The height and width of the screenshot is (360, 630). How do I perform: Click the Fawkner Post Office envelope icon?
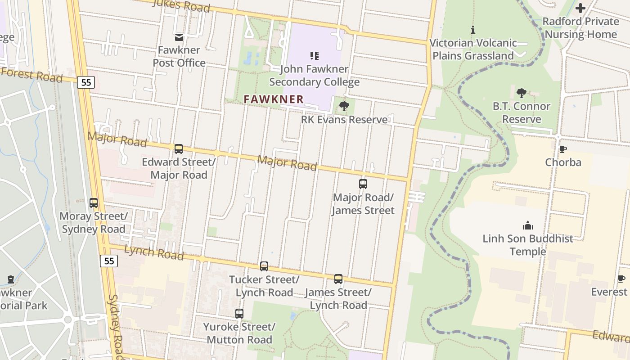pyautogui.click(x=179, y=37)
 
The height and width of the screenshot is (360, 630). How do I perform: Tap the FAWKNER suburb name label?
pyautogui.click(x=274, y=99)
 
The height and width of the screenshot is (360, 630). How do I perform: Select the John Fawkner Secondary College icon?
pyautogui.click(x=315, y=56)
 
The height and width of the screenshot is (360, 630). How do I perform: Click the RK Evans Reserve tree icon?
pyautogui.click(x=344, y=106)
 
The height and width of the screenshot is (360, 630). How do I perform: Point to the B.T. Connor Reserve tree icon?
pyautogui.click(x=522, y=93)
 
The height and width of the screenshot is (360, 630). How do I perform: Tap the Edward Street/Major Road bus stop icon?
pyautogui.click(x=179, y=148)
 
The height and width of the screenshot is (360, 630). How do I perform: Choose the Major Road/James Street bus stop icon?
pyautogui.click(x=363, y=184)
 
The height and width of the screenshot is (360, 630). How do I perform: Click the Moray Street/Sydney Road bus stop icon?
pyautogui.click(x=94, y=203)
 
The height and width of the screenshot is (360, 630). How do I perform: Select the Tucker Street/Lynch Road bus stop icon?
pyautogui.click(x=264, y=266)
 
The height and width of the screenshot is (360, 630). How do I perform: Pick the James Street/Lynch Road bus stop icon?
pyautogui.click(x=338, y=279)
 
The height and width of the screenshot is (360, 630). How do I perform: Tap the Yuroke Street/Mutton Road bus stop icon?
pyautogui.click(x=239, y=314)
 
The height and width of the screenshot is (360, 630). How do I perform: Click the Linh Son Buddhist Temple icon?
pyautogui.click(x=528, y=225)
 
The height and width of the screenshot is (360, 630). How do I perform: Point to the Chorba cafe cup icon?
pyautogui.click(x=562, y=149)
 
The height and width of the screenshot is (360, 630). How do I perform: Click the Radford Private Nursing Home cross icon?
pyautogui.click(x=580, y=8)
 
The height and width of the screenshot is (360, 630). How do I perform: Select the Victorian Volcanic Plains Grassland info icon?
pyautogui.click(x=472, y=30)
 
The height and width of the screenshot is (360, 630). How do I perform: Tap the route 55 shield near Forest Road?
pyautogui.click(x=85, y=82)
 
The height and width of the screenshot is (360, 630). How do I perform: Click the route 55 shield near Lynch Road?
pyautogui.click(x=109, y=261)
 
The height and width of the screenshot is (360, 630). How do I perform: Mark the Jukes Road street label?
pyautogui.click(x=181, y=5)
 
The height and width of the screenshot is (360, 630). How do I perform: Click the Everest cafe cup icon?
pyautogui.click(x=621, y=279)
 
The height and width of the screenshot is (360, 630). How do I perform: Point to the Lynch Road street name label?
pyautogui.click(x=154, y=252)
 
